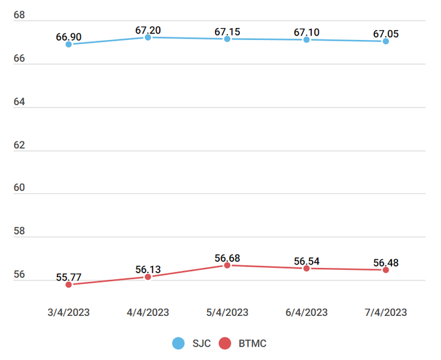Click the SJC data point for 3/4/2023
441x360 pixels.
point(69,44)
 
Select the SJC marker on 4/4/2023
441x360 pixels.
point(148,37)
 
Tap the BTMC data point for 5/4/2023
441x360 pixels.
point(227,265)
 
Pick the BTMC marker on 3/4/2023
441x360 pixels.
point(69,285)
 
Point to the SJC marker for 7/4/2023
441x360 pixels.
point(386,41)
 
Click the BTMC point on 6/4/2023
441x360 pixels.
point(306,268)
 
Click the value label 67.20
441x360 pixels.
point(148,30)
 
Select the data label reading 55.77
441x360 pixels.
point(69,275)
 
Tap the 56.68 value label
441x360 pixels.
point(228,257)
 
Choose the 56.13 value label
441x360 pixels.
point(148,269)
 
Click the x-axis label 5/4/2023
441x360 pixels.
point(227,312)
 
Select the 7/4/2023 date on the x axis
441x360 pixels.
point(386,312)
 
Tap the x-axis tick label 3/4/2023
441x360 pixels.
point(69,312)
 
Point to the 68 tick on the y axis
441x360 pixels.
point(19,15)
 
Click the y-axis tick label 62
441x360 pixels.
point(19,145)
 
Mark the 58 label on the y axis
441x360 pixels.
point(19,231)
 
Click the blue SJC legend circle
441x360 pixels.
point(178,343)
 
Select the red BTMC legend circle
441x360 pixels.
point(225,343)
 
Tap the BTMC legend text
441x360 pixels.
point(253,343)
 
